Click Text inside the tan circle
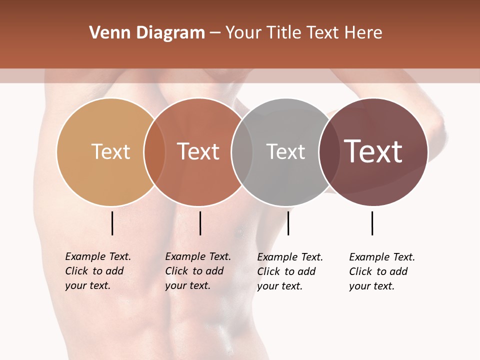(110, 151)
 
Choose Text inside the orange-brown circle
(198, 151)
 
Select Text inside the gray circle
(285, 151)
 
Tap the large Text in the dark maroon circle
(373, 151)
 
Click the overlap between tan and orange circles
(154, 152)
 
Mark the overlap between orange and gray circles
(242, 152)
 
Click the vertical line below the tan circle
(112, 223)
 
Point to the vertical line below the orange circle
(200, 223)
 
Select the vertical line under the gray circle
(288, 223)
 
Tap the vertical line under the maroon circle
(372, 223)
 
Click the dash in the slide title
(215, 33)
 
